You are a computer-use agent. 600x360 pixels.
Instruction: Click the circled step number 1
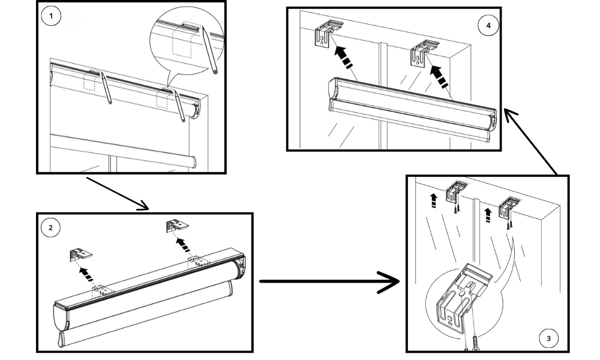[x=52, y=17]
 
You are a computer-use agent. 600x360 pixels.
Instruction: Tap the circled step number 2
[x=51, y=227]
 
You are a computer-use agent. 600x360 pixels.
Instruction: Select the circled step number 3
[x=548, y=339]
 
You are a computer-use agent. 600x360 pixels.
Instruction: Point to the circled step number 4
[x=488, y=25]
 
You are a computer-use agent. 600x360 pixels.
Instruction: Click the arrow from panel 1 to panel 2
[x=116, y=193]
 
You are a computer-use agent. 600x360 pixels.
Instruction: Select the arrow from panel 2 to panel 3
[x=330, y=281]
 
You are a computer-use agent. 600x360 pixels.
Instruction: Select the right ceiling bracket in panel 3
[x=509, y=205]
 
